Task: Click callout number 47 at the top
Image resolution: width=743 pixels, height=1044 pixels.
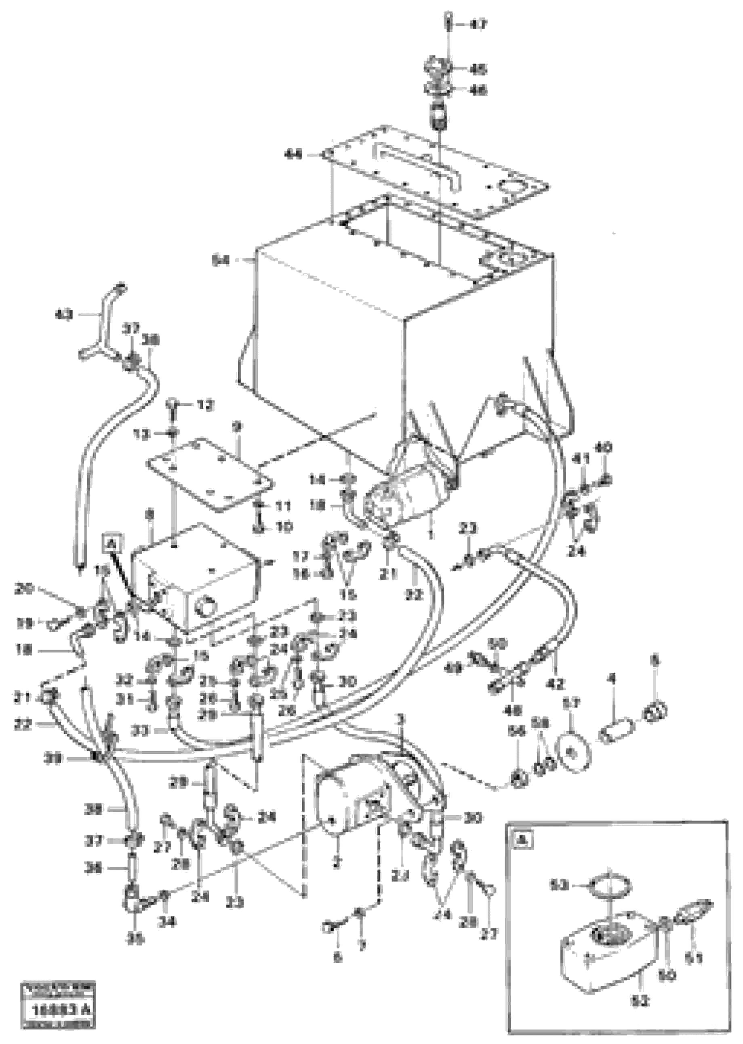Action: coord(479,25)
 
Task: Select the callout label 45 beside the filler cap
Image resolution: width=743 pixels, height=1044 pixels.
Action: coord(479,69)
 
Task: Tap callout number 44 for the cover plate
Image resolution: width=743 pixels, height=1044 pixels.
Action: coord(293,155)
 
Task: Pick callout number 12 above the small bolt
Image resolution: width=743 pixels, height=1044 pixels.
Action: coord(205,405)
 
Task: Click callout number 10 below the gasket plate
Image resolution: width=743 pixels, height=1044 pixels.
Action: coord(284,528)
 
